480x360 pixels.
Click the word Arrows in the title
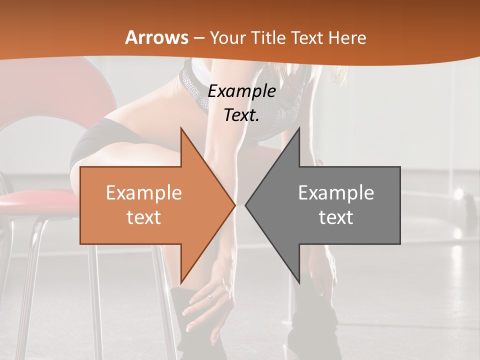(156, 37)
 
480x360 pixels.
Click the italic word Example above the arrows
(242, 91)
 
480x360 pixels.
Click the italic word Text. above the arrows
(242, 115)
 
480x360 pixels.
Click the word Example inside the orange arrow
(144, 193)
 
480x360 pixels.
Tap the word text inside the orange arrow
(144, 217)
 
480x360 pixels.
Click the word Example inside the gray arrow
(336, 192)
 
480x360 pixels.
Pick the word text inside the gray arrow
(336, 217)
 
